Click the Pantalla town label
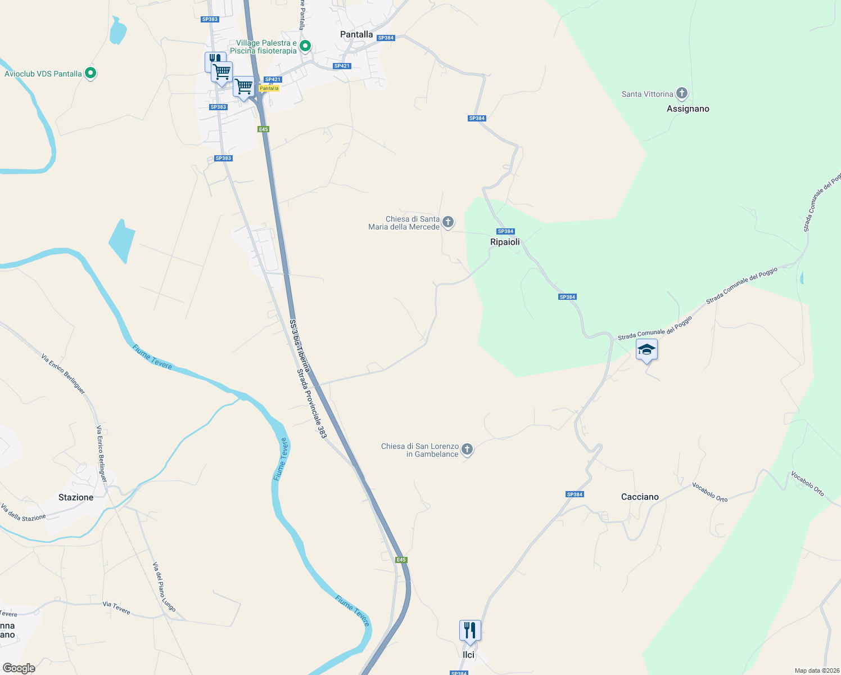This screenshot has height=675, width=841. (x=356, y=34)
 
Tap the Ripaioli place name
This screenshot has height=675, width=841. (x=505, y=242)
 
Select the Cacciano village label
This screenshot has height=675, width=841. (x=640, y=497)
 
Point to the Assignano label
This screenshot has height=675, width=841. (x=688, y=109)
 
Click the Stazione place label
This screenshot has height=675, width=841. (x=76, y=497)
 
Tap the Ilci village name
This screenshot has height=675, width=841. (x=468, y=655)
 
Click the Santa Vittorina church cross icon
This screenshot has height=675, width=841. (x=682, y=93)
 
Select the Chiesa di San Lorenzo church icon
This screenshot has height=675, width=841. (x=467, y=449)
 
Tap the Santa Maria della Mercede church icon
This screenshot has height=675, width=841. (x=448, y=222)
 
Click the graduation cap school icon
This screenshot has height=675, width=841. (x=646, y=350)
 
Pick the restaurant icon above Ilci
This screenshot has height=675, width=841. (x=469, y=631)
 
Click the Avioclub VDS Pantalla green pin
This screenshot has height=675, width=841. (x=91, y=73)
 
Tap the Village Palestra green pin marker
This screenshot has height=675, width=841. (x=305, y=46)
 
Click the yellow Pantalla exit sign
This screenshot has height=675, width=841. (x=269, y=88)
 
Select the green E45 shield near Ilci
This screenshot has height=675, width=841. (x=401, y=560)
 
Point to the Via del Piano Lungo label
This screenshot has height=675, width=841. (x=164, y=587)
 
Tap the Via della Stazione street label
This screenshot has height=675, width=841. (x=23, y=513)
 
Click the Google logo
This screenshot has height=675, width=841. (x=19, y=668)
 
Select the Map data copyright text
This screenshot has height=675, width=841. (x=816, y=670)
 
